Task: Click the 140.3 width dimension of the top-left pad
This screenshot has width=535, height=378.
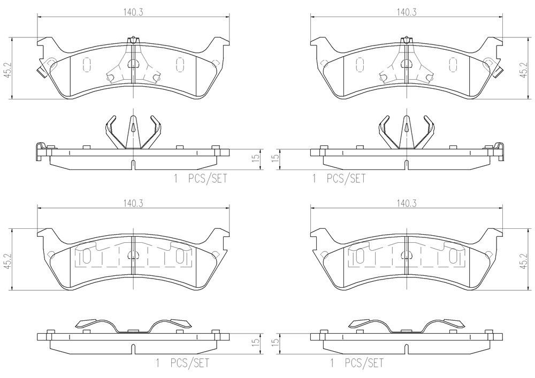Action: click(x=133, y=12)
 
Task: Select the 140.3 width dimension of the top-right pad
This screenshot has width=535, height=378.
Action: click(x=407, y=12)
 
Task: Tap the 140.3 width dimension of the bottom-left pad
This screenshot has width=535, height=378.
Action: click(x=133, y=204)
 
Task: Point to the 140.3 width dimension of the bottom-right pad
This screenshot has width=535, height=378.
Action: click(x=407, y=204)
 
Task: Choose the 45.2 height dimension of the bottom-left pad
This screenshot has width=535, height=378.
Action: click(x=7, y=260)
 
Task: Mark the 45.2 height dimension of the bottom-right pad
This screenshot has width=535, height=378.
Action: click(x=523, y=260)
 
